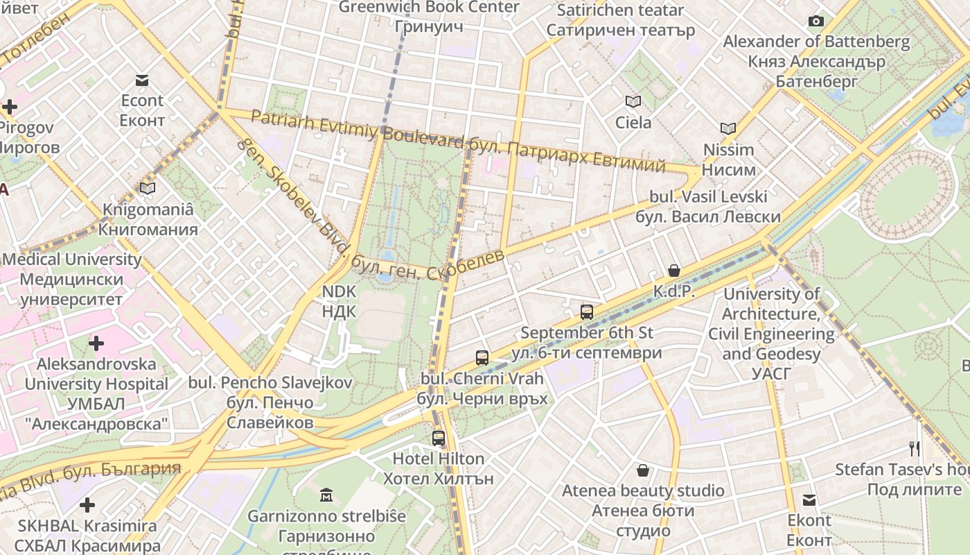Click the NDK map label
(339, 301)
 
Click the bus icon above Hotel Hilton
(439, 438)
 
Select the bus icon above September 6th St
(587, 311)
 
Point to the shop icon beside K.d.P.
(673, 271)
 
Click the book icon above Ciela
(633, 101)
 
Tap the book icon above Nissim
(727, 128)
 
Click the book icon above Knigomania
(148, 188)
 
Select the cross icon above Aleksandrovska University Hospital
(96, 343)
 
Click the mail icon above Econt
(142, 80)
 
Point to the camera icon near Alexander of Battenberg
(816, 22)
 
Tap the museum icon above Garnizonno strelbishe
(326, 495)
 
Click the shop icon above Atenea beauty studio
(643, 470)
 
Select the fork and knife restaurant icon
(915, 449)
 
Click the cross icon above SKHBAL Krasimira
(87, 505)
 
